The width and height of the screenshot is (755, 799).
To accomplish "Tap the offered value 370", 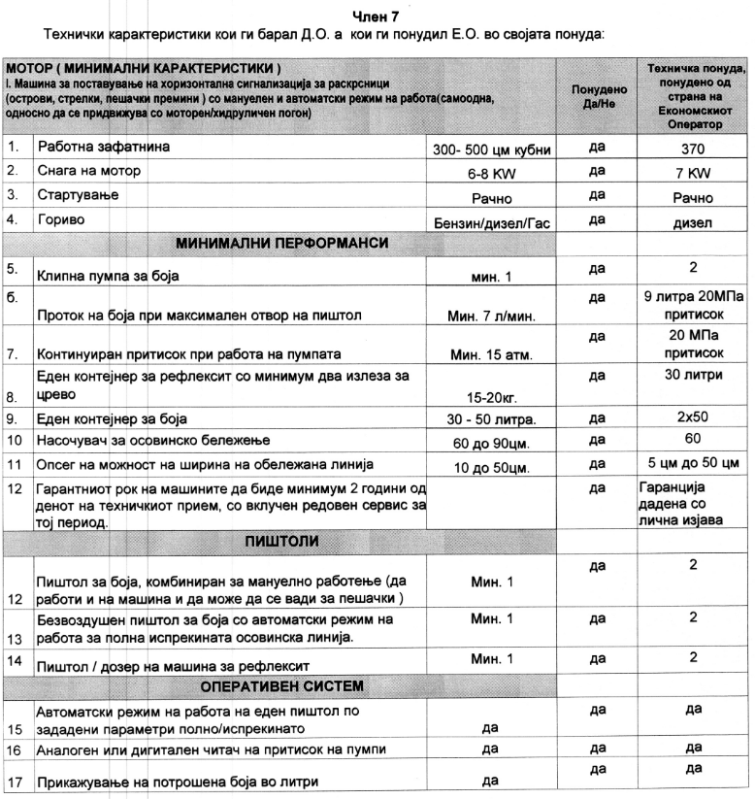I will click(693, 149).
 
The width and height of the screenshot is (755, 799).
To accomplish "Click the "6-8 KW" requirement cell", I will click(491, 173).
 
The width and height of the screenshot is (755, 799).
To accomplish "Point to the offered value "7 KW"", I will click(693, 172).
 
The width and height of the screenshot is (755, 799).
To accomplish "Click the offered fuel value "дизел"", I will click(693, 220).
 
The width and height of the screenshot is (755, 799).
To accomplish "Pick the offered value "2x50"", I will click(693, 419).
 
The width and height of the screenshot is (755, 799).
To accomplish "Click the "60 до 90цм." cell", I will click(491, 442).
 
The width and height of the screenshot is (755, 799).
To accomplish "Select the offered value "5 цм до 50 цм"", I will click(693, 463).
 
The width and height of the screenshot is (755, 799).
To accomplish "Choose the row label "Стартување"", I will click(72, 196).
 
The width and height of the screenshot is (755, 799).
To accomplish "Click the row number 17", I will click(14, 782).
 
